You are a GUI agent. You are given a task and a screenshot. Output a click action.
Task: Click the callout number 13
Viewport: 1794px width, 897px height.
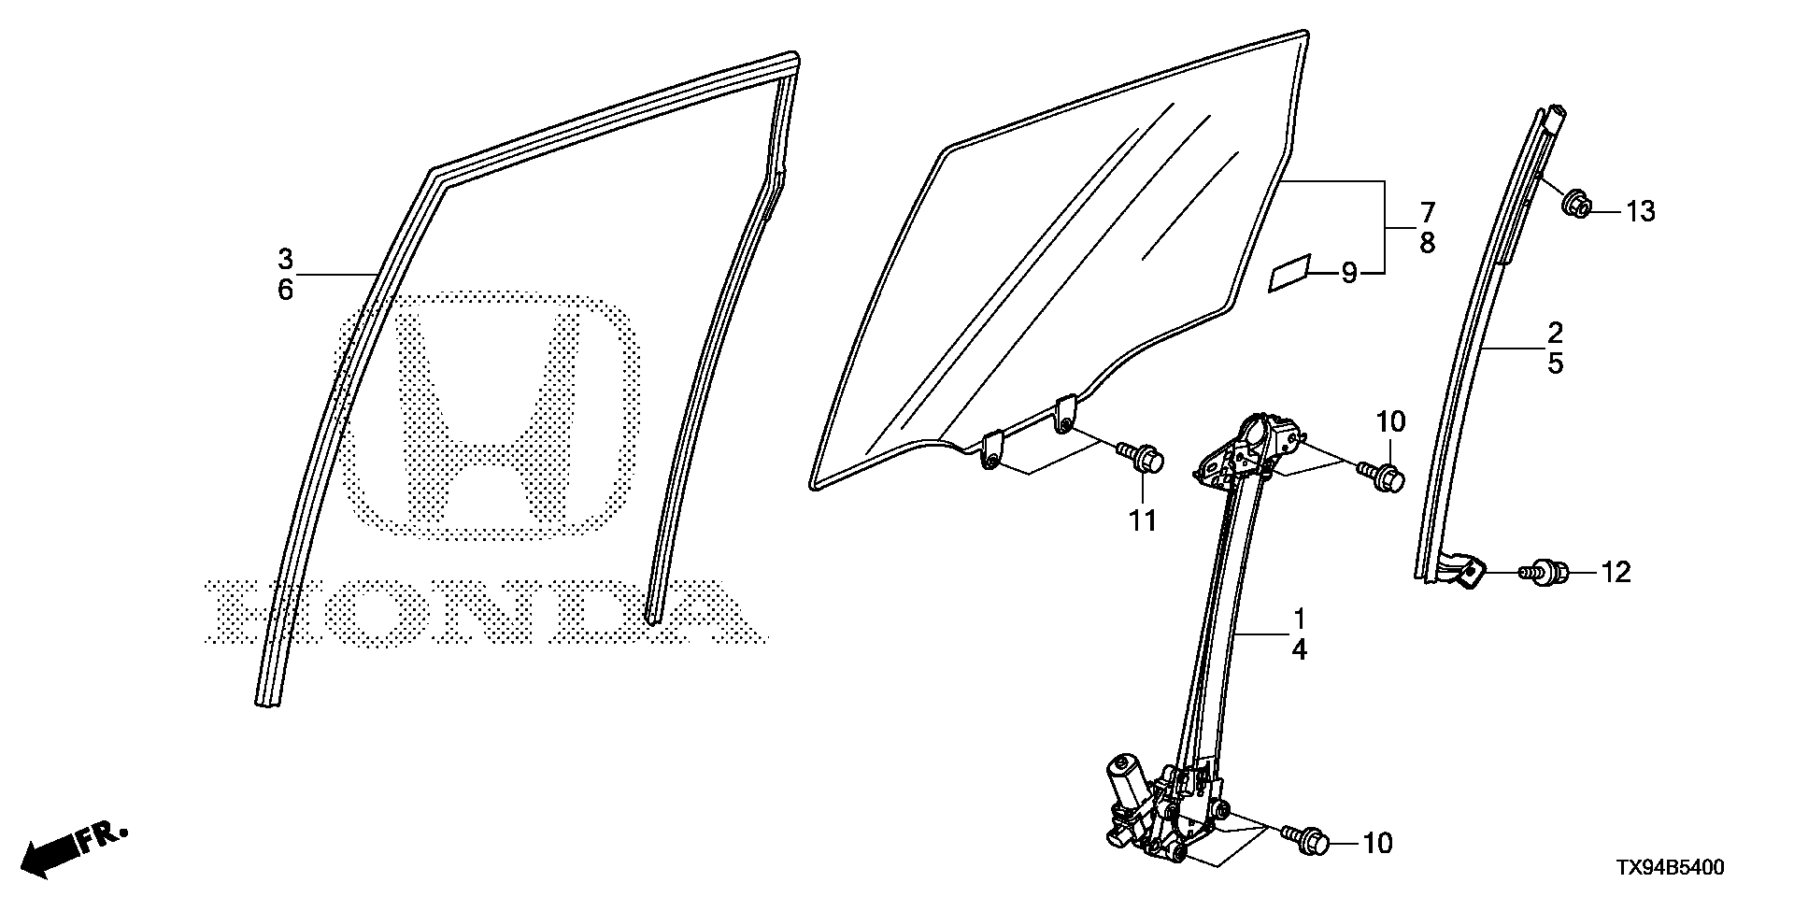point(1640,212)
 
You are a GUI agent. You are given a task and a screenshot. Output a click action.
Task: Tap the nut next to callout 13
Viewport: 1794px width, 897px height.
point(1577,203)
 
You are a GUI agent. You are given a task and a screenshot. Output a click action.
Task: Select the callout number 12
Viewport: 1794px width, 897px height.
point(1616,572)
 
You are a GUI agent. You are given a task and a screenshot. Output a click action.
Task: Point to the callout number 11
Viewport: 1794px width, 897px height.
point(1141,520)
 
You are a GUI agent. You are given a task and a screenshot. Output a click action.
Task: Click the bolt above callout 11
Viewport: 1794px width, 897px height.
point(1141,458)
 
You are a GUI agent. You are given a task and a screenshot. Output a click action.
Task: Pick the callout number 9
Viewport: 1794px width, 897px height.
point(1348,273)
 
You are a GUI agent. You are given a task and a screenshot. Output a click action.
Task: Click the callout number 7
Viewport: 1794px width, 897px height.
point(1427,212)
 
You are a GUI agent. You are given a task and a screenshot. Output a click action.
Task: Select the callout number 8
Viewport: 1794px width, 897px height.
point(1427,244)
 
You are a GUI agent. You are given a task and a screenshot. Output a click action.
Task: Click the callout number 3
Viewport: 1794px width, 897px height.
point(285,258)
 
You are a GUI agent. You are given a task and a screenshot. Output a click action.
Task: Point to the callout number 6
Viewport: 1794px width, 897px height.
point(285,291)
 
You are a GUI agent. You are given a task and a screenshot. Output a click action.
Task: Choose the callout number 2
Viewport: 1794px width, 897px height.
point(1555,332)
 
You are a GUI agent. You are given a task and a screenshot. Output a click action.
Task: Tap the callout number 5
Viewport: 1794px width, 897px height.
point(1555,363)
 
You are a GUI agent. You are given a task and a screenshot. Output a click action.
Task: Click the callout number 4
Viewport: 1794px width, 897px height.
point(1299,650)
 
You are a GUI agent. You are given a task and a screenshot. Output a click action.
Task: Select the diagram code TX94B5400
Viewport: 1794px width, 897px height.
point(1671,869)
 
